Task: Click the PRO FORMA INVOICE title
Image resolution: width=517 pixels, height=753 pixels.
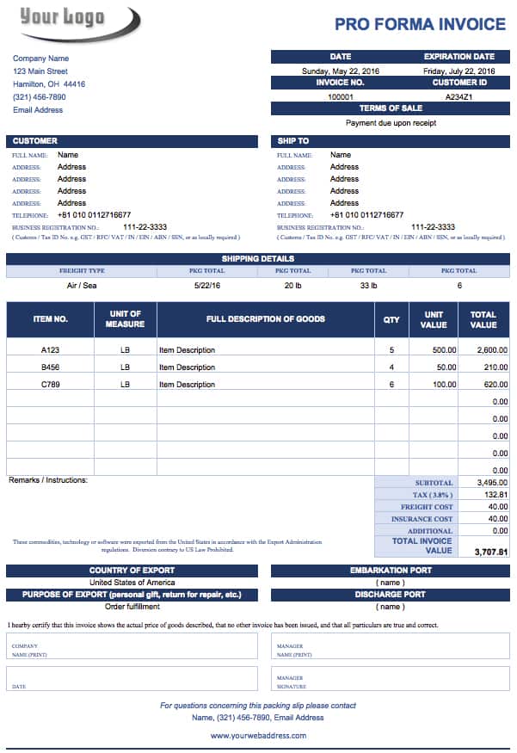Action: [420, 24]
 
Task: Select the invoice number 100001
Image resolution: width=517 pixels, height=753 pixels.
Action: [341, 97]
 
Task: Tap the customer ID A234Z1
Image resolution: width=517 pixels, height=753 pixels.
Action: [459, 97]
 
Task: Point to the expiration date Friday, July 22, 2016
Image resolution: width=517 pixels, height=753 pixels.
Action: [459, 71]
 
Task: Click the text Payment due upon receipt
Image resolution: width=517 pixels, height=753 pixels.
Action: [391, 123]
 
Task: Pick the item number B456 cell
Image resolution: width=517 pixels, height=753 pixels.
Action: [51, 367]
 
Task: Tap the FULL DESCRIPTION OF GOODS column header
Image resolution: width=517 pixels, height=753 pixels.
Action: [265, 319]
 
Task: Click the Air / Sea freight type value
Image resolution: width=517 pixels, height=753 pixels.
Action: [82, 285]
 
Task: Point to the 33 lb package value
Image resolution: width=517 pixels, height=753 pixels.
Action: [368, 285]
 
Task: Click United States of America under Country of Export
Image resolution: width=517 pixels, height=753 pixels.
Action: [132, 583]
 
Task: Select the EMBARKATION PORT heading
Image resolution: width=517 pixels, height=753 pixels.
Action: [391, 571]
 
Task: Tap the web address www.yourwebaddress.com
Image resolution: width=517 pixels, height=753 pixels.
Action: [258, 736]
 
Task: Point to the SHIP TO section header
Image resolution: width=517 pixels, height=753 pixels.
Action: [293, 141]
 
